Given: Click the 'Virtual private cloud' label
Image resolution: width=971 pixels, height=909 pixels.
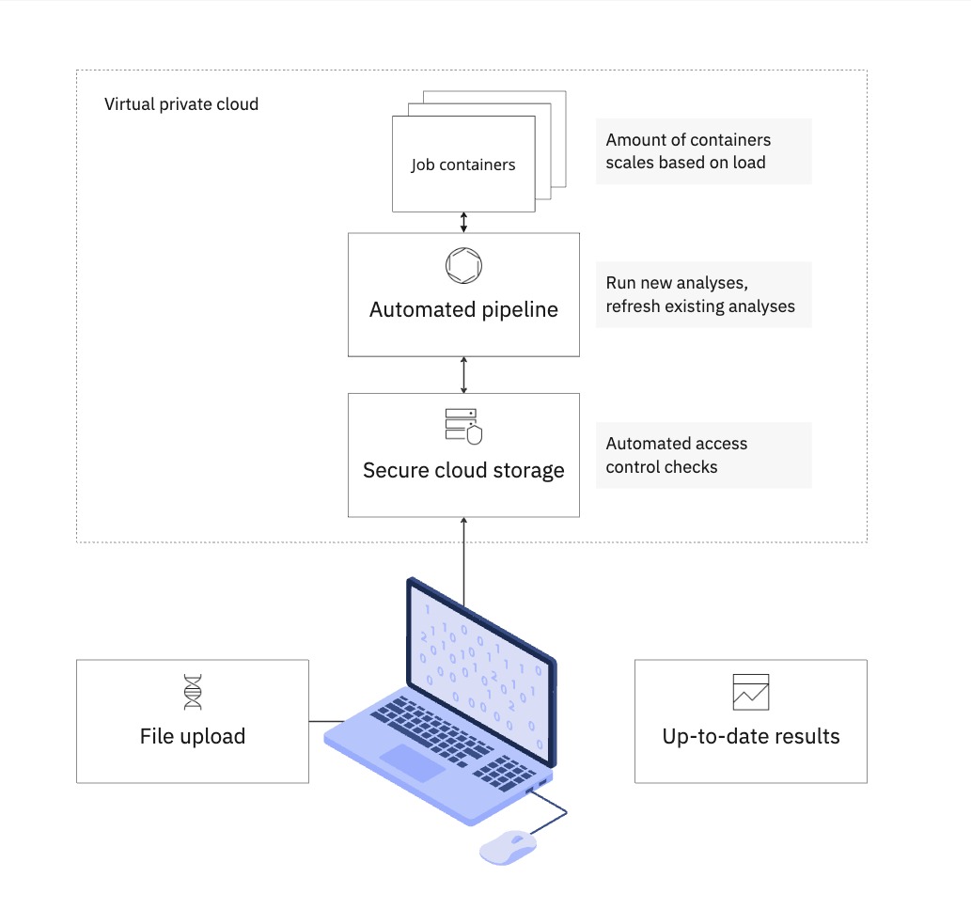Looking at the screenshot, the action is [x=180, y=104].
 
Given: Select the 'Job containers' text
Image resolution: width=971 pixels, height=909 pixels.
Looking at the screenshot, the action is [x=463, y=165].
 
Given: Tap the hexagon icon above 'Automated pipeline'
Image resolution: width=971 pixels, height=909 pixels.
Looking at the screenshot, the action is [x=463, y=266].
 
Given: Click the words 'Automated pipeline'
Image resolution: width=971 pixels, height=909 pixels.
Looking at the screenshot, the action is [x=463, y=309].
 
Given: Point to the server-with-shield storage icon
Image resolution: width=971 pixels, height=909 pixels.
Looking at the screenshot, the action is [x=463, y=426].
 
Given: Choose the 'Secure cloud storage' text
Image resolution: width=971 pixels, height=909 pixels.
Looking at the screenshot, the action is [x=463, y=471].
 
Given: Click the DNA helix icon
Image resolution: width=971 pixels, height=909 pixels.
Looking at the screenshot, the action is [x=193, y=692].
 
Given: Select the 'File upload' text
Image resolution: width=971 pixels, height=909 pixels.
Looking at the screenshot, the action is [x=193, y=736].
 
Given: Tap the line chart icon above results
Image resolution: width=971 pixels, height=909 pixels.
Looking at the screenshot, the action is [x=751, y=692].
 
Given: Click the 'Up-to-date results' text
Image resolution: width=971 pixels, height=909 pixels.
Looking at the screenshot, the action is [x=751, y=736].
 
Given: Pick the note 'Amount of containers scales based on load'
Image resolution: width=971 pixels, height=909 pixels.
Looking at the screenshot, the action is [x=703, y=151].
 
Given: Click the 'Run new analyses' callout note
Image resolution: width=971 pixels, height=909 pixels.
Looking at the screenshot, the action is [x=703, y=295].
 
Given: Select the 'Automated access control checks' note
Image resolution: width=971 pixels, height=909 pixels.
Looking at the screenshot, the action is [x=703, y=455].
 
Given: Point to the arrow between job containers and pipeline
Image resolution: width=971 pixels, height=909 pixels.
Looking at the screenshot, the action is [x=463, y=222].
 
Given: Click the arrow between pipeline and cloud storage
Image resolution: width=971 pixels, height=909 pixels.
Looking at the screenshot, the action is [x=463, y=375].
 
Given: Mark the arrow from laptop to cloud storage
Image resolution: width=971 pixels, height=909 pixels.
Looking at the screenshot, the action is [x=463, y=561].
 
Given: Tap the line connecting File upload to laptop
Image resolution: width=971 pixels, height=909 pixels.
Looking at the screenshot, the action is [x=327, y=721].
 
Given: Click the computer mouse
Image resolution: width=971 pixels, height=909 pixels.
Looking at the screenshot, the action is [x=508, y=847].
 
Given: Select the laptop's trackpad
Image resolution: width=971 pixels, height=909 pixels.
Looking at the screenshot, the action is [x=413, y=762].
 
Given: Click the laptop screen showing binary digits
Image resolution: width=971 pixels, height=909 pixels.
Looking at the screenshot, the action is [x=481, y=672].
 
